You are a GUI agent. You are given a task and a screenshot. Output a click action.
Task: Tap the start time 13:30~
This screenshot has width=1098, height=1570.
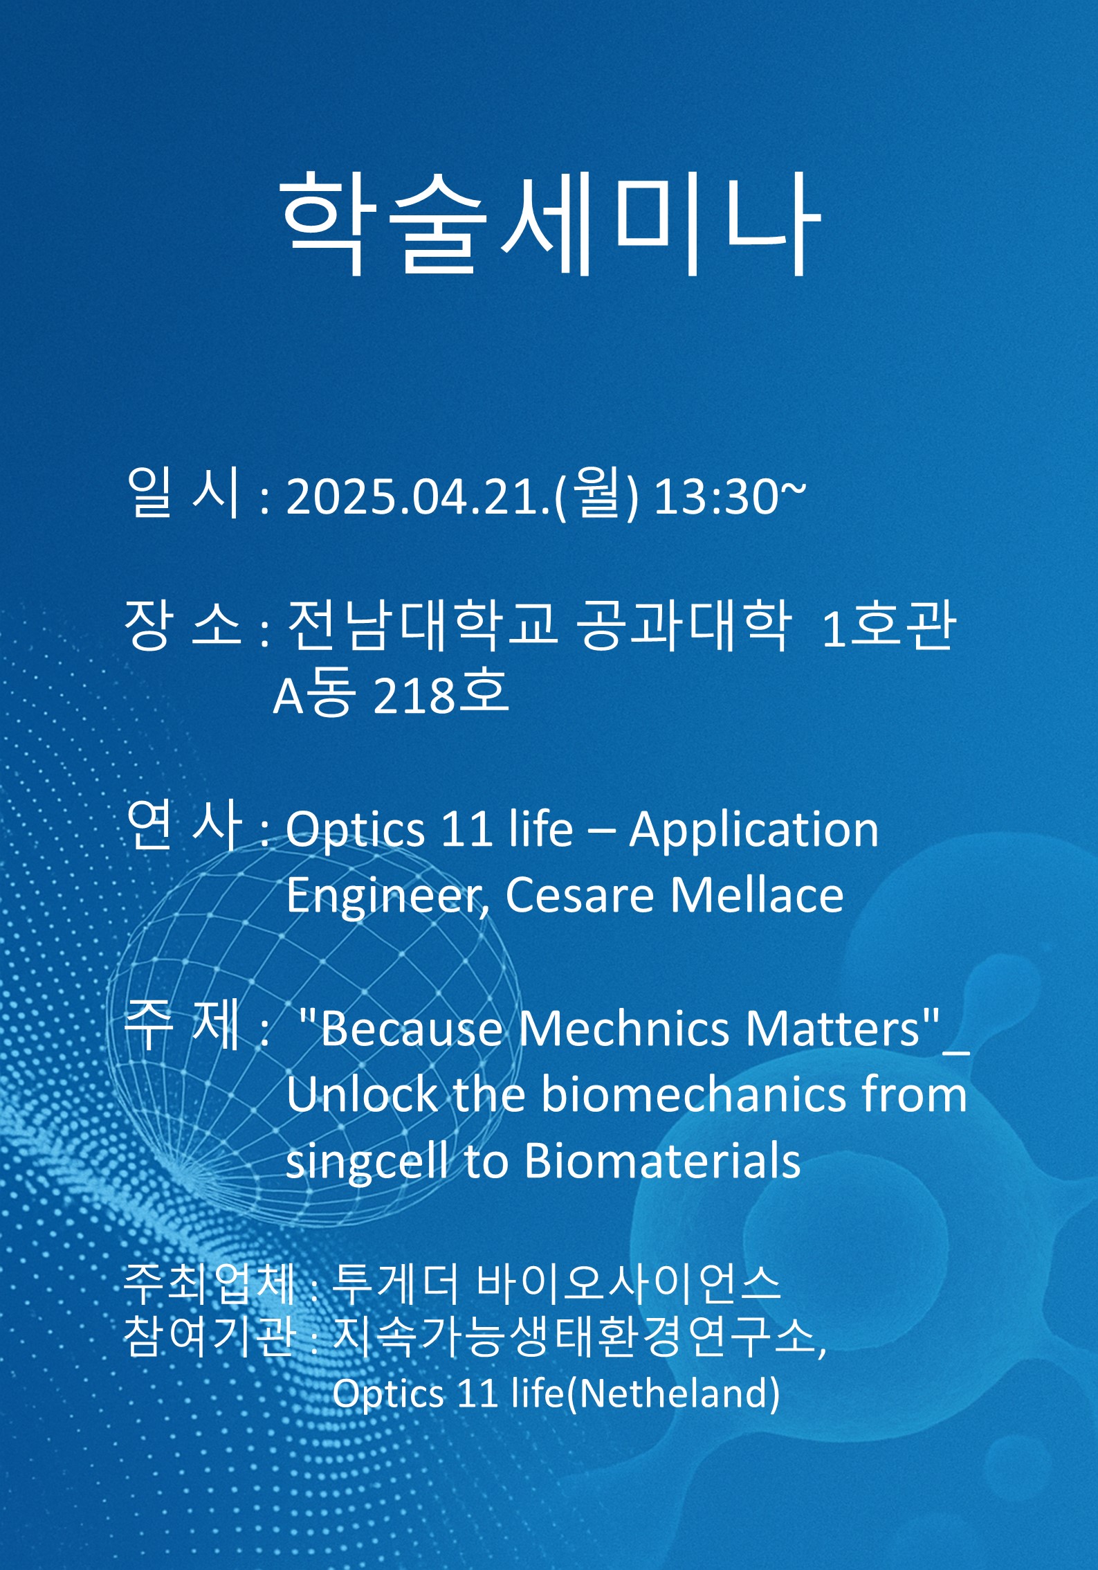730,496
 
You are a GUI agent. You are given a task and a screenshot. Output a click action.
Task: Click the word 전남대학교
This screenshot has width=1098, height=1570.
422,624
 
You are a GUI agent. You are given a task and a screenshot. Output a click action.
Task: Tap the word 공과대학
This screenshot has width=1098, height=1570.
684,624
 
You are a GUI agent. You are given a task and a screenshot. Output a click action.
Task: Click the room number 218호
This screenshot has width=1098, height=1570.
441,694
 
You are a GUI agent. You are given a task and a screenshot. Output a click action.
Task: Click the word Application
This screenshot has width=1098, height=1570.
754,831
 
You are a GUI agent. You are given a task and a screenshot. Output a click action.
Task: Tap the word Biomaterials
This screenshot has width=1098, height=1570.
663,1161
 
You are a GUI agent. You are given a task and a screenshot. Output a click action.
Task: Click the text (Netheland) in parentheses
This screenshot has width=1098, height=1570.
673,1393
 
